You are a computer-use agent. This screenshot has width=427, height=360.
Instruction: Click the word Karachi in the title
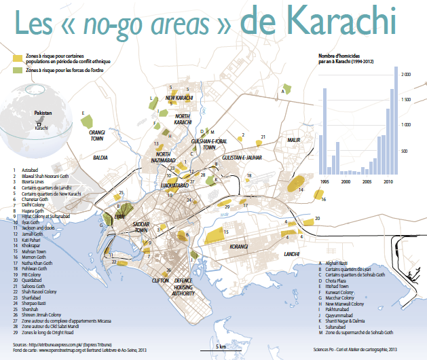coord(339,22)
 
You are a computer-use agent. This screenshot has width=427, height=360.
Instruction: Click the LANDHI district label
coord(292,253)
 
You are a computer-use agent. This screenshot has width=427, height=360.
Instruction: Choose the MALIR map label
coord(293,140)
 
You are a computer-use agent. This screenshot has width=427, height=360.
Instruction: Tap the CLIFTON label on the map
coord(160,280)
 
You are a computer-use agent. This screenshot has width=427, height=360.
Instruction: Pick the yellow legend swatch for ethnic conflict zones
coord(18,59)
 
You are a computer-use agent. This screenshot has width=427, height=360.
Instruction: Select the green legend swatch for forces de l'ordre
coord(18,70)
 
